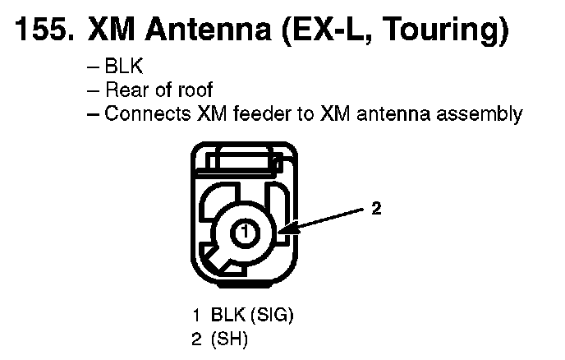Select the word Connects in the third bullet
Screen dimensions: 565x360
pyautogui.click(x=148, y=114)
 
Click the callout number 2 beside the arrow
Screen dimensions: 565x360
pyautogui.click(x=375, y=209)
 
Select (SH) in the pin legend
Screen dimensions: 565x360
pyautogui.click(x=230, y=337)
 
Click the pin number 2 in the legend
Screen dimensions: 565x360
pyautogui.click(x=197, y=337)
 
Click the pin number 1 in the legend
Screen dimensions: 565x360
pyautogui.click(x=197, y=315)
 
